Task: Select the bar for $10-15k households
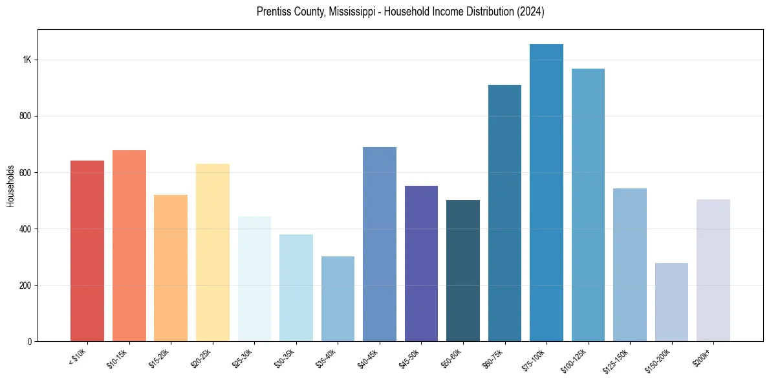129,245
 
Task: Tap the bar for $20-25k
213,253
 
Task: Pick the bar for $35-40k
338,298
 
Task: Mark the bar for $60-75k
504,213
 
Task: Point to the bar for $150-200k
671,302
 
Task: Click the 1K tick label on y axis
27,60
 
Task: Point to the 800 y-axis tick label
25,117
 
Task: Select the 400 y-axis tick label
25,229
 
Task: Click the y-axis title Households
11,186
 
